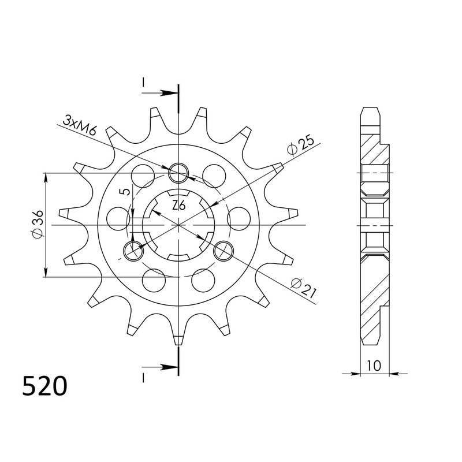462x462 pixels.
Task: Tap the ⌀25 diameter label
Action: pyautogui.click(x=299, y=146)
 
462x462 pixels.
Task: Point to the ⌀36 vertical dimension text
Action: pyautogui.click(x=38, y=225)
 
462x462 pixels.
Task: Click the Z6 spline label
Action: pyautogui.click(x=178, y=205)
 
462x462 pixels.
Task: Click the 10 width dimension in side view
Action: pyautogui.click(x=374, y=365)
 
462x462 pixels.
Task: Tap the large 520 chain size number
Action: pyautogui.click(x=44, y=386)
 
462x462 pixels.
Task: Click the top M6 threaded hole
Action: pyautogui.click(x=178, y=172)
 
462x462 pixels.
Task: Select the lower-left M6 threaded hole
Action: pyautogui.click(x=133, y=250)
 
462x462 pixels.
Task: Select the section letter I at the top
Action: pyautogui.click(x=143, y=84)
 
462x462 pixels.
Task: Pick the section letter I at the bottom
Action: pyautogui.click(x=143, y=377)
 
